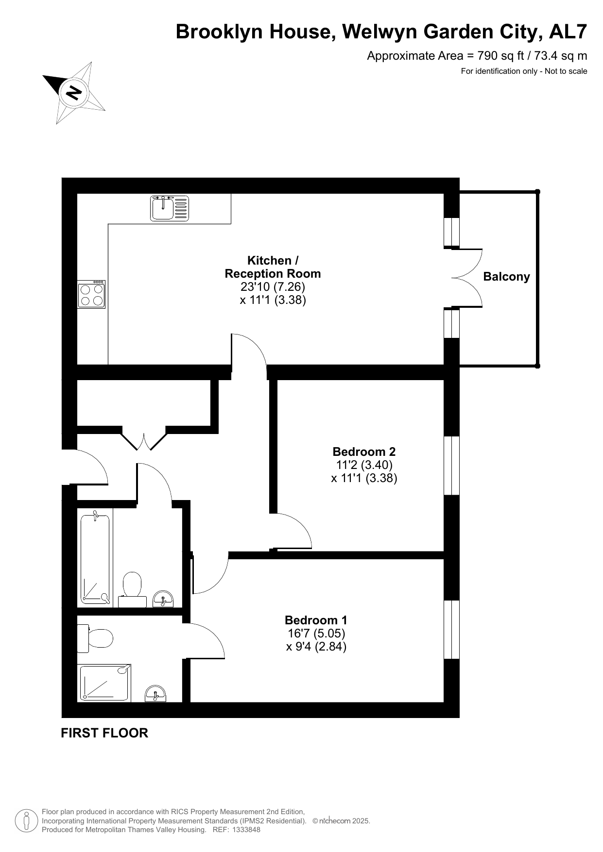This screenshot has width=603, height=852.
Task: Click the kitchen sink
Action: [169, 208]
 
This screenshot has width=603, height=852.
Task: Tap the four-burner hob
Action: [91, 294]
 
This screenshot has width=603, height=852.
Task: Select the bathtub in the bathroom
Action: [95, 557]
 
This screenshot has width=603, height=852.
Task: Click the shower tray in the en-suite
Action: [105, 683]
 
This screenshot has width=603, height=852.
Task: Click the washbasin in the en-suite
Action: [155, 694]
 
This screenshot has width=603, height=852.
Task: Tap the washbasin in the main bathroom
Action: [163, 599]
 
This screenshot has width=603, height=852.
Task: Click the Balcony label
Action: [506, 277]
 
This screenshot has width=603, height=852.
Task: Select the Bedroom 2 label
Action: [364, 451]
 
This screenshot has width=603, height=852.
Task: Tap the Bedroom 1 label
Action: [316, 620]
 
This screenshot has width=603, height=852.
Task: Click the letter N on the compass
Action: [74, 92]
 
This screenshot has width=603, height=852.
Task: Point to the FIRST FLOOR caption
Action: [104, 733]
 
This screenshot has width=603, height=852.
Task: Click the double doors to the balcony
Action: [467, 278]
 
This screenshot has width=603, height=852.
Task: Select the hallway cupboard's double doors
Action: [143, 438]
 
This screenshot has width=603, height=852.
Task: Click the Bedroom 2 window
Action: [452, 466]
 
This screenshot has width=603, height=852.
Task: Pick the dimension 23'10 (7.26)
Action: [273, 287]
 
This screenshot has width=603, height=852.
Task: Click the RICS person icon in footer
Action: [27, 821]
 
